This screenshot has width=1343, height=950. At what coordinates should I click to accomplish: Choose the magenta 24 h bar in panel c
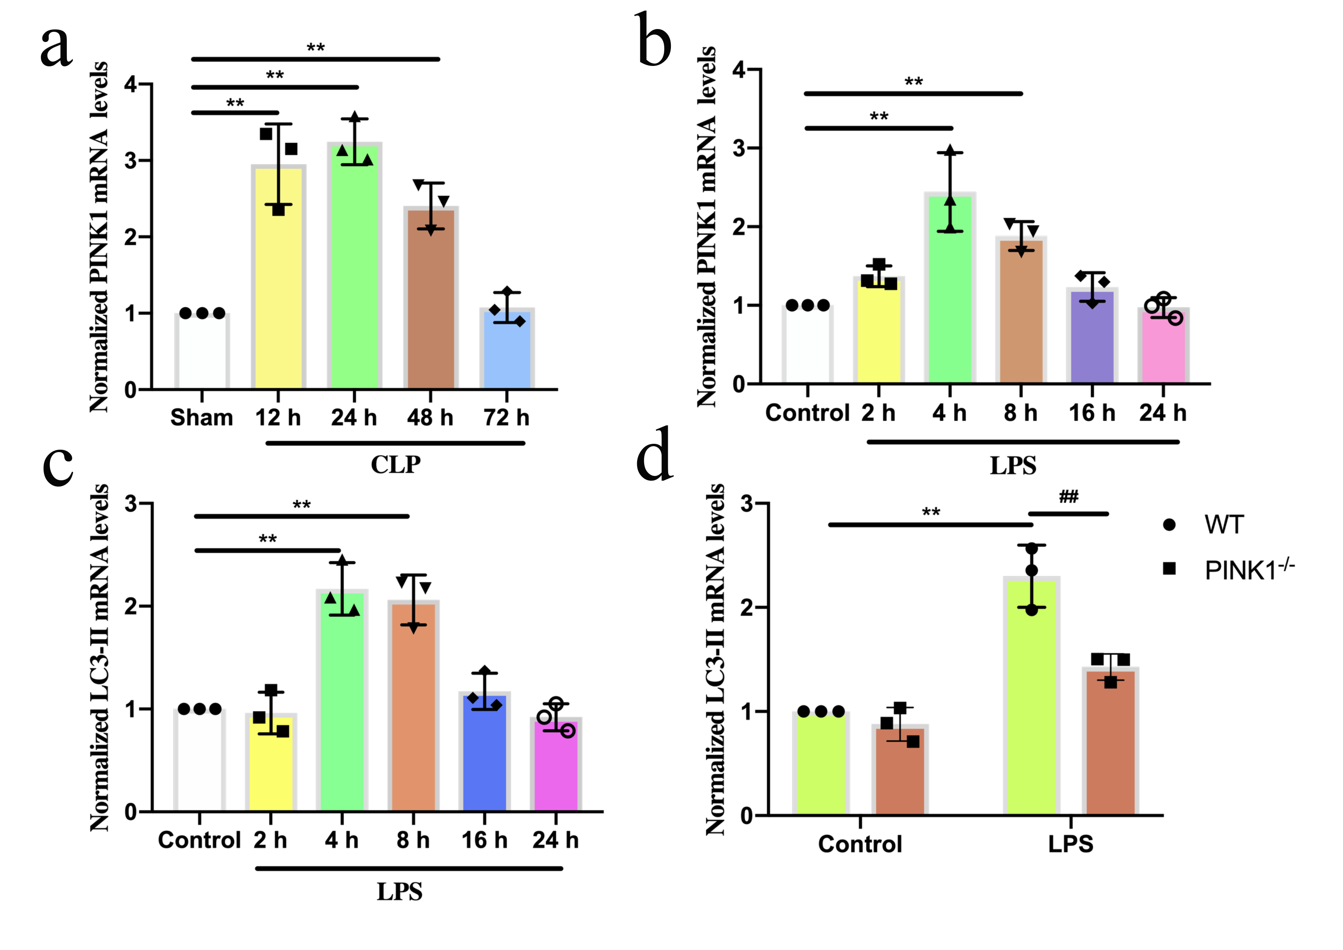point(556,764)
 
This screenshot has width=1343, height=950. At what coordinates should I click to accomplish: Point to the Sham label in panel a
point(202,418)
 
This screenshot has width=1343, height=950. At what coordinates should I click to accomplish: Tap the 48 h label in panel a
point(430,418)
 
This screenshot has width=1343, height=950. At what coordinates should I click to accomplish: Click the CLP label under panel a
point(396,465)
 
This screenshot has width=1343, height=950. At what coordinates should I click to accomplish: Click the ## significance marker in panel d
point(1068,497)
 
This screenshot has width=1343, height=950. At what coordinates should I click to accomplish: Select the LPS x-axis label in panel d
point(1071,844)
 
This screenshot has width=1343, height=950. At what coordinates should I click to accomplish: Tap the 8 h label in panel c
point(413,840)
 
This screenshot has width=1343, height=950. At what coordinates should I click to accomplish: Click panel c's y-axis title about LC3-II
point(99,658)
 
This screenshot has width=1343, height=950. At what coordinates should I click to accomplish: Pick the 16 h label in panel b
point(1092,413)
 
